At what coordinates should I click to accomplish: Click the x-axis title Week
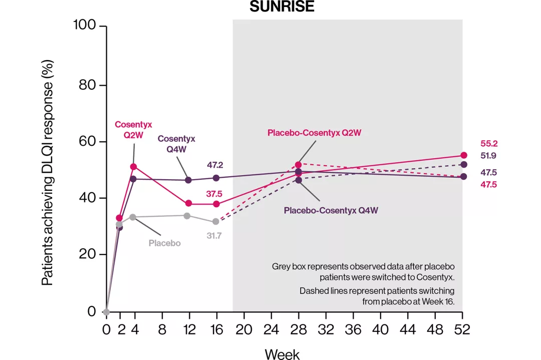pyautogui.click(x=282, y=353)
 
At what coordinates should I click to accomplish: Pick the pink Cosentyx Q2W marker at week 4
pyautogui.click(x=133, y=166)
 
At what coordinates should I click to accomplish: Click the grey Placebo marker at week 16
pyautogui.click(x=216, y=221)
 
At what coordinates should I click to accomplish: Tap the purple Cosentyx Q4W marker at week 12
pyautogui.click(x=188, y=180)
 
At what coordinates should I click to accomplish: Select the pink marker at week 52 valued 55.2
pyautogui.click(x=463, y=155)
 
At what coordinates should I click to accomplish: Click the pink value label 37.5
pyautogui.click(x=214, y=194)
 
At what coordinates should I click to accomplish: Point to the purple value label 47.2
pyautogui.click(x=215, y=164)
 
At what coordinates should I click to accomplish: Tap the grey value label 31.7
pyautogui.click(x=214, y=235)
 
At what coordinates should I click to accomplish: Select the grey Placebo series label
pyautogui.click(x=164, y=243)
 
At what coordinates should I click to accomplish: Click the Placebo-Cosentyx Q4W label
pyautogui.click(x=331, y=210)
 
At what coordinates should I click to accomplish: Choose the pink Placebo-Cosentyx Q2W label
pyautogui.click(x=315, y=133)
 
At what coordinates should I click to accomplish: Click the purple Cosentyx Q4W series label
pyautogui.click(x=176, y=144)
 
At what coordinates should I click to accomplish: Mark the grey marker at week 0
pyautogui.click(x=106, y=311)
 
